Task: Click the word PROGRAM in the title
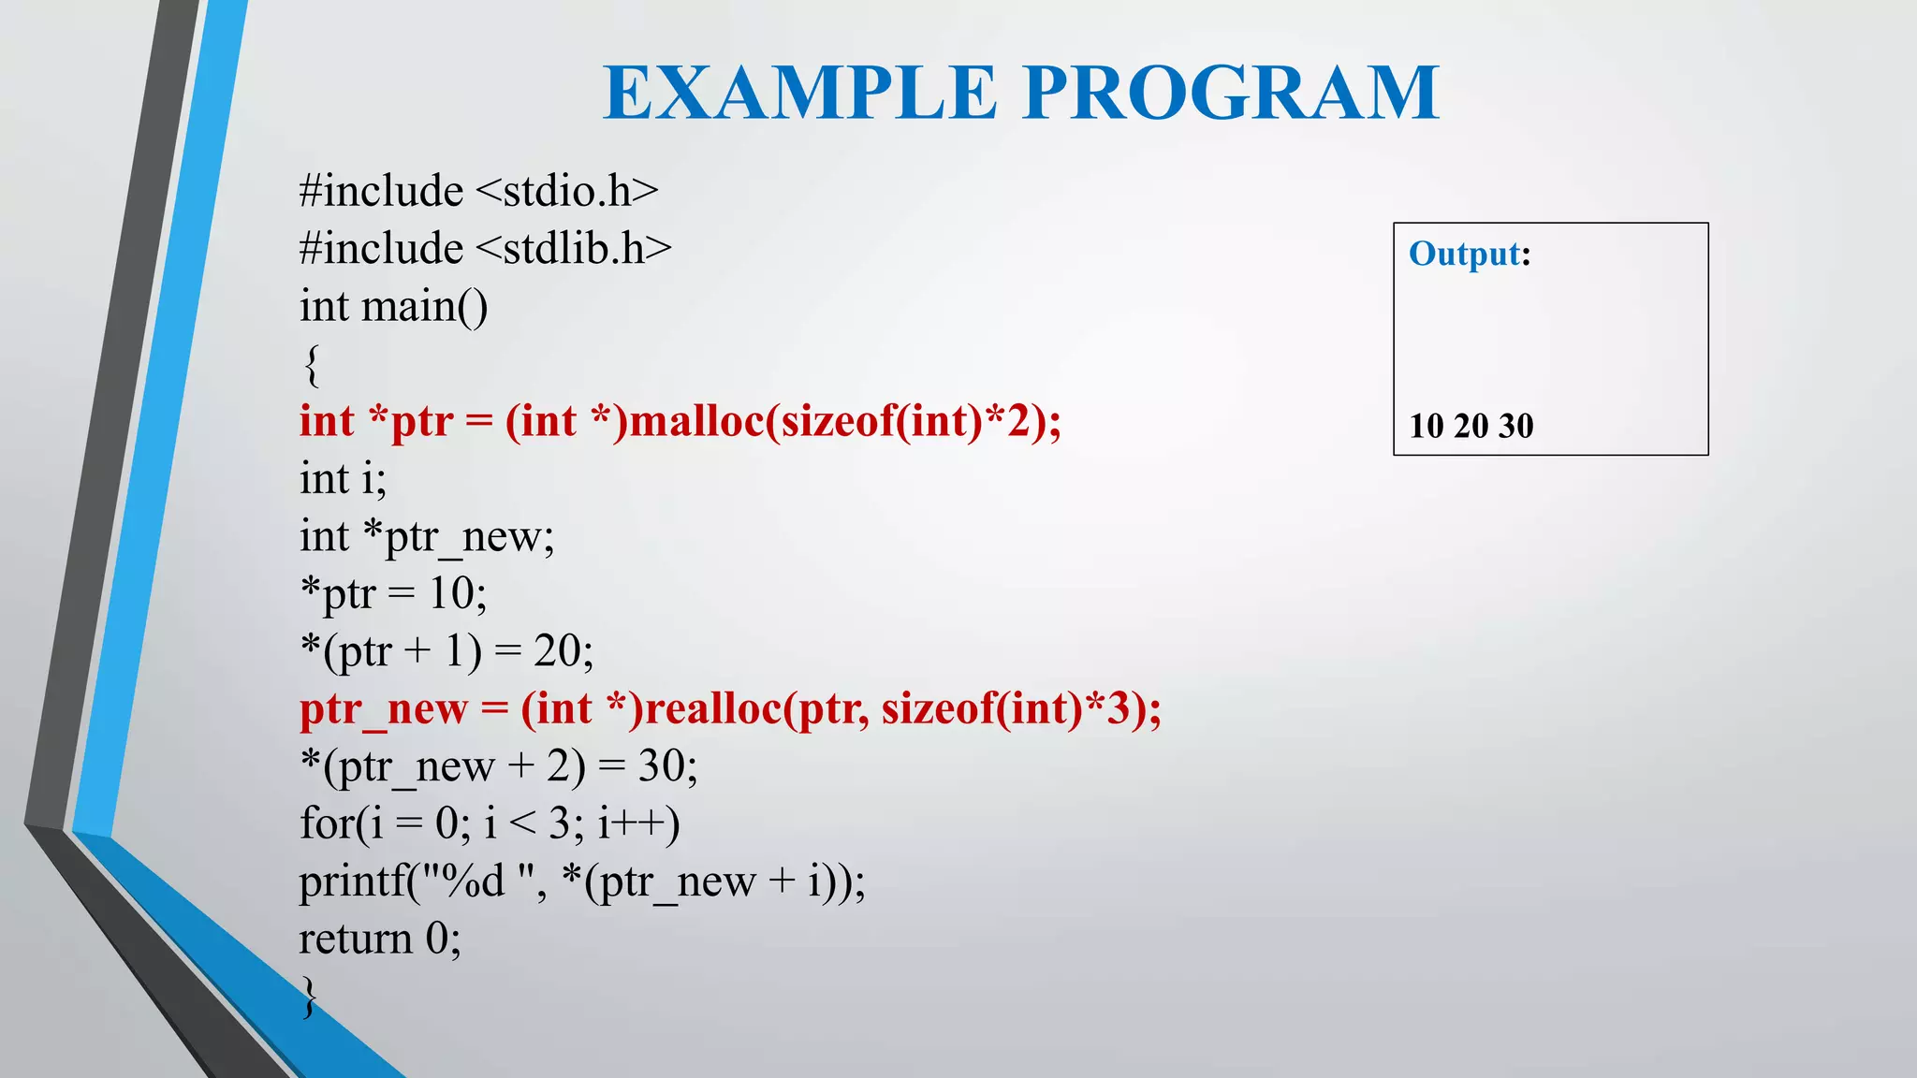[1231, 94]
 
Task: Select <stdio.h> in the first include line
[567, 192]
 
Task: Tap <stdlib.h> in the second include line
[574, 249]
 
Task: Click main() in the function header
[424, 307]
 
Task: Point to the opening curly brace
[312, 365]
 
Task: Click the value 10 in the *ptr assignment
[452, 593]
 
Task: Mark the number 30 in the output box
[1516, 427]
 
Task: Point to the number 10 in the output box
[1427, 427]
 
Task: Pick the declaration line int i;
[343, 479]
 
